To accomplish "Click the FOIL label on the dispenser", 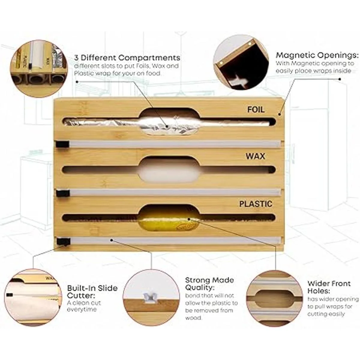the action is pos(256,110).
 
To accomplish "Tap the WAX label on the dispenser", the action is pos(255,156).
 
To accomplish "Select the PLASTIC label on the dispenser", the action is pos(256,204).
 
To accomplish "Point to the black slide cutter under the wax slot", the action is pos(63,193).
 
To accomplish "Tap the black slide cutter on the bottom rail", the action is pos(64,242).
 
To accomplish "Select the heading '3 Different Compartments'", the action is pos(127,58).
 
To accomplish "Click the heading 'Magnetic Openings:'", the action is pos(317,55).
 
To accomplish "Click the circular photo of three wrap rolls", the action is pos(40,69).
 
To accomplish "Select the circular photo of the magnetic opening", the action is pos(241,62).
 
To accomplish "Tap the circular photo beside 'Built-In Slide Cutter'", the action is pos(33,297).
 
